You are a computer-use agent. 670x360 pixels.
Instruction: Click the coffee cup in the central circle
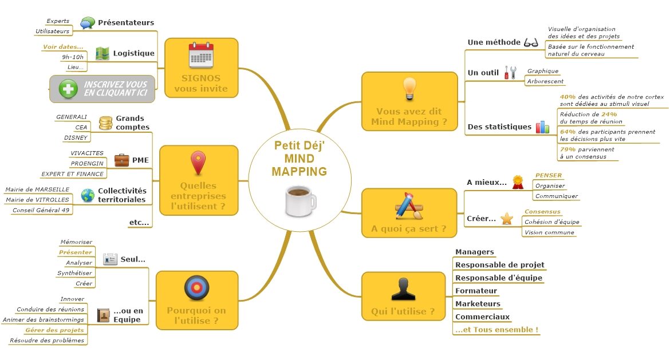coord(300,201)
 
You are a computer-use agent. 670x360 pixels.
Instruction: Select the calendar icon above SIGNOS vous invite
coord(200,56)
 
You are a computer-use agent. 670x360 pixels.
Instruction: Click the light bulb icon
coord(409,88)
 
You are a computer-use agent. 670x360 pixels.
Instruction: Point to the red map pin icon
coord(198,163)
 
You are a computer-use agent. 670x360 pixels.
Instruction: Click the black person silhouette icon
coord(403,288)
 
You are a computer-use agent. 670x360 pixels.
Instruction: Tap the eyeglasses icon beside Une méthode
coord(531,42)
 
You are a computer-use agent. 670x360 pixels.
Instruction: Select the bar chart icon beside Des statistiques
coord(542,126)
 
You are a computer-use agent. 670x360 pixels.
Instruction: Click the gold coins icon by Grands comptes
coord(105,122)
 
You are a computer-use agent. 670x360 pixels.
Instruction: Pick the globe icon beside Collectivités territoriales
coord(88,195)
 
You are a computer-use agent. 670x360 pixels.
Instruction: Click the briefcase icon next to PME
coord(121,160)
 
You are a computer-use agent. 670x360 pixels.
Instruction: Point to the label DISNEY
coord(76,137)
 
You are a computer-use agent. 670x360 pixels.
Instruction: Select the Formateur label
coord(476,291)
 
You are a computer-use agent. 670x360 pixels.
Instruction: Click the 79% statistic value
coord(567,149)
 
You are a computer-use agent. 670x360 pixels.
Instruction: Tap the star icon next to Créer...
coord(507,218)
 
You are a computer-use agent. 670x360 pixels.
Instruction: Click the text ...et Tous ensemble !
coord(496,330)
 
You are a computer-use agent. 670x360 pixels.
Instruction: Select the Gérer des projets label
coord(54,330)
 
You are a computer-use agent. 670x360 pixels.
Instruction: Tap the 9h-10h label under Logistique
coord(73,57)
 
